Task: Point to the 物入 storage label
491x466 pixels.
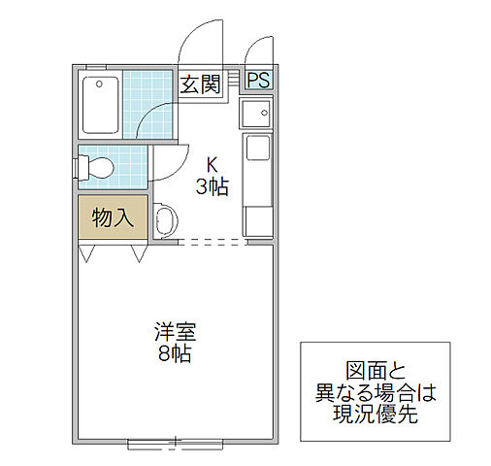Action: click(x=113, y=217)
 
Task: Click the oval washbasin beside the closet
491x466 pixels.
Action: click(x=163, y=220)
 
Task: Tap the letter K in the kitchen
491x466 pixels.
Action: click(x=212, y=163)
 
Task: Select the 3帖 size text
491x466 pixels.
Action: click(x=212, y=186)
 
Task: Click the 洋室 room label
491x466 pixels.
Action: click(x=174, y=329)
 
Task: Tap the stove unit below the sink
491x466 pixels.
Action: click(x=258, y=151)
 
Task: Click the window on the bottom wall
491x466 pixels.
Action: click(x=175, y=444)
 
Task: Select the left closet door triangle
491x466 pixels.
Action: click(x=87, y=253)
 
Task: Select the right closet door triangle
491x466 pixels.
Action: click(x=138, y=253)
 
